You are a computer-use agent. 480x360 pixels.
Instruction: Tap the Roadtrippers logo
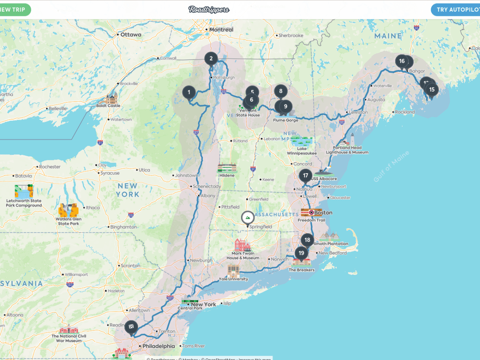click(209, 10)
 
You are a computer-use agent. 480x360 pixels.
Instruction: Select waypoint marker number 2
click(211, 59)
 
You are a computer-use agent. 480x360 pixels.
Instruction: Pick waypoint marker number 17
click(306, 176)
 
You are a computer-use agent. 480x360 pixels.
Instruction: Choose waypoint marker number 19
click(301, 253)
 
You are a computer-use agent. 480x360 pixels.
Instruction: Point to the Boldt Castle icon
click(111, 98)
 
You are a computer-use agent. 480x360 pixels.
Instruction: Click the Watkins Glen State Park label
click(69, 221)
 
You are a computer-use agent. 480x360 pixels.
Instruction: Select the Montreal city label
click(221, 30)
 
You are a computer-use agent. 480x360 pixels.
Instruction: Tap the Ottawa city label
click(130, 35)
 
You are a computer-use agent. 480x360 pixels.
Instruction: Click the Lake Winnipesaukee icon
click(302, 142)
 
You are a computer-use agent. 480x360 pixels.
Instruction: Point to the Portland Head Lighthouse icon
click(352, 139)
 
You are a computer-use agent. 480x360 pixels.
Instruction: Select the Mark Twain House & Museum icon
click(243, 244)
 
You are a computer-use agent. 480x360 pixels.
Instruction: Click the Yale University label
click(233, 279)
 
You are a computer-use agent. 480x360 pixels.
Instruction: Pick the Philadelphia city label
click(159, 346)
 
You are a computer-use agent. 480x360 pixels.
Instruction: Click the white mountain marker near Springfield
click(248, 218)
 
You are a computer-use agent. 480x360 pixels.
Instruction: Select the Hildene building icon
click(227, 168)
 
